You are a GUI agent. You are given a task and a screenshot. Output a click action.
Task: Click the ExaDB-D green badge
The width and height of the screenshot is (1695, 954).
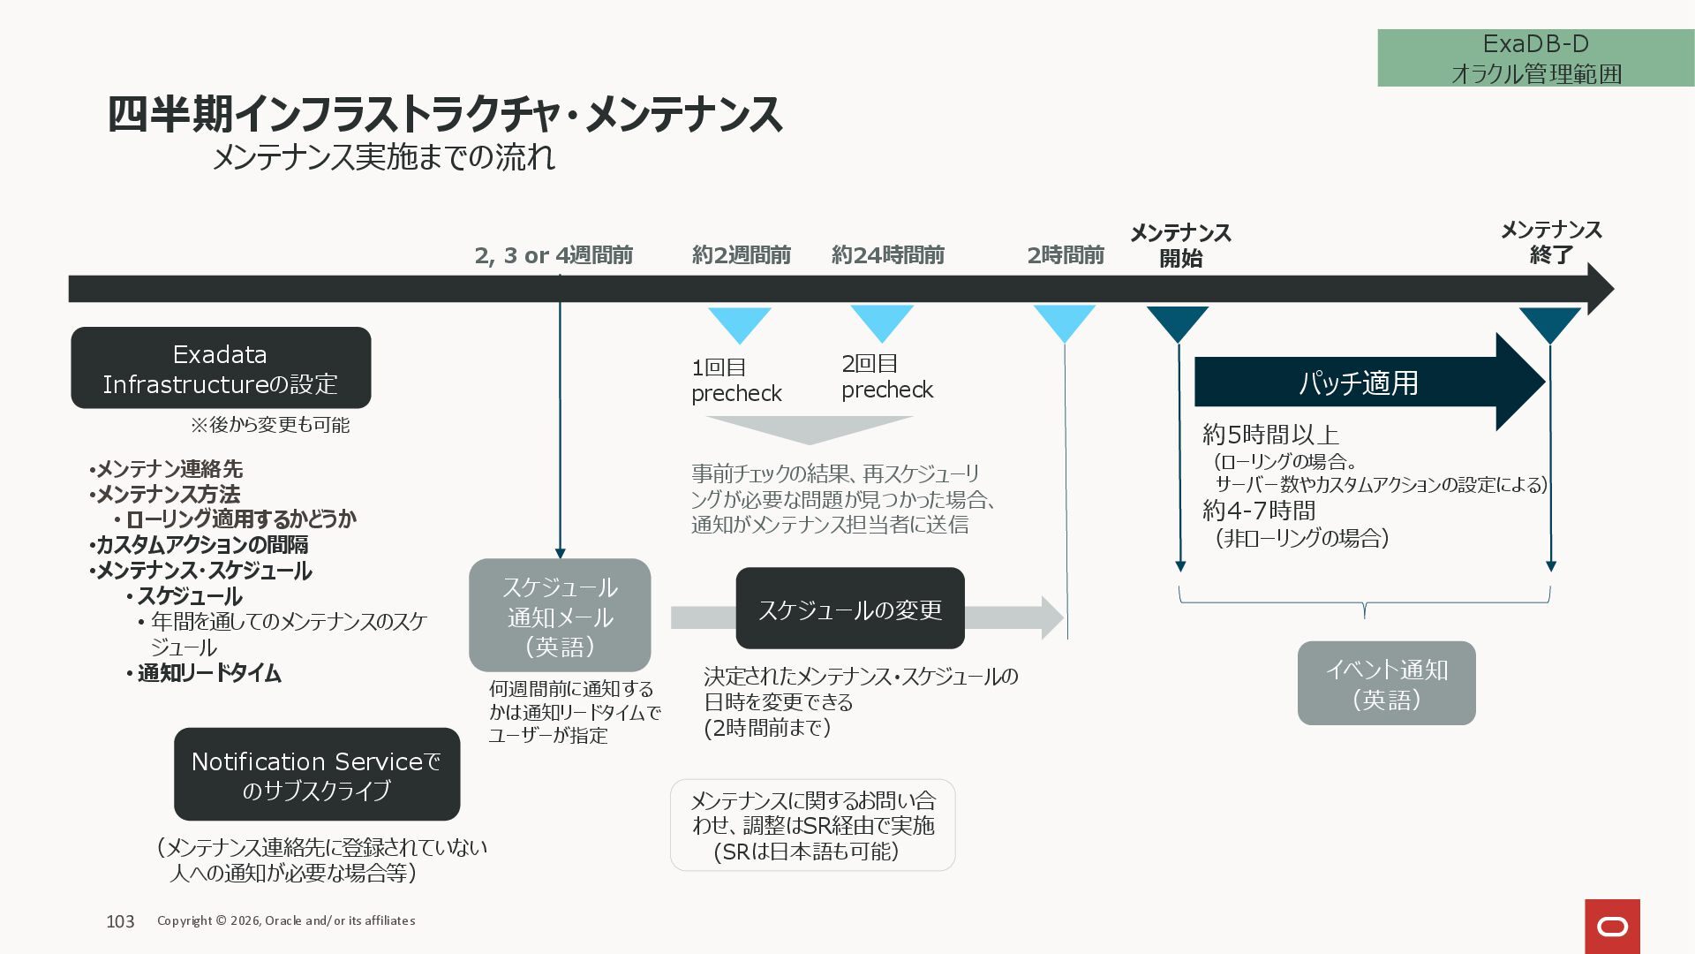click(x=1535, y=57)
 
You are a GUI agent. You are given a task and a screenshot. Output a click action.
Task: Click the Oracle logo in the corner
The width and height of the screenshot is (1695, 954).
click(x=1612, y=926)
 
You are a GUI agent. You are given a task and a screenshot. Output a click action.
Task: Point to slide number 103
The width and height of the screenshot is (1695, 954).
click(x=120, y=921)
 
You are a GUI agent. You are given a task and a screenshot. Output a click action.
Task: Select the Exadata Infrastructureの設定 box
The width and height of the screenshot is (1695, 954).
click(x=221, y=367)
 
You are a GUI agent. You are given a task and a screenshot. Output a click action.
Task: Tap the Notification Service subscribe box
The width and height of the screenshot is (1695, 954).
click(x=317, y=775)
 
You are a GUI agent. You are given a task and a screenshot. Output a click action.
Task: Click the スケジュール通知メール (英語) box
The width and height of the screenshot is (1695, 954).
click(x=560, y=616)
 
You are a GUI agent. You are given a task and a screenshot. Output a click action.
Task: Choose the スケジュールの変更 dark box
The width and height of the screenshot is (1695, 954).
click(x=850, y=609)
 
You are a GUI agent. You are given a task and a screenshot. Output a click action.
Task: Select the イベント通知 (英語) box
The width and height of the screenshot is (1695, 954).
click(x=1386, y=684)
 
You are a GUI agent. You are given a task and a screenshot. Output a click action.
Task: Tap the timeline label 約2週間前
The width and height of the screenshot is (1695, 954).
click(x=742, y=255)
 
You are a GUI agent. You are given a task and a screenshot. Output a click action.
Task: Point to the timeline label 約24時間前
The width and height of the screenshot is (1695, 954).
click(x=888, y=255)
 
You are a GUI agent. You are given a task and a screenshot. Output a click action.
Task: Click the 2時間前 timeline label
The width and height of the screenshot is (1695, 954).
click(x=1066, y=255)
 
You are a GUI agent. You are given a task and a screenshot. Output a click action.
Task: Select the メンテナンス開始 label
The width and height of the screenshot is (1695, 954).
click(x=1180, y=245)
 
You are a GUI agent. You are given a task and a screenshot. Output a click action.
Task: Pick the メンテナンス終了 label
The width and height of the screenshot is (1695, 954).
click(x=1551, y=242)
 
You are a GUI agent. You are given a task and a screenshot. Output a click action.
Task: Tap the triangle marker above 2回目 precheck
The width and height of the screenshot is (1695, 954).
click(x=882, y=322)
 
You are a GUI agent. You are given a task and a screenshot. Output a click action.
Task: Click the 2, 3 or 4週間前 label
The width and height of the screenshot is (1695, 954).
click(x=554, y=255)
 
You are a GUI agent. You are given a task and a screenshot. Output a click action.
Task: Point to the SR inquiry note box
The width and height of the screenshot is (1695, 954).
click(x=812, y=825)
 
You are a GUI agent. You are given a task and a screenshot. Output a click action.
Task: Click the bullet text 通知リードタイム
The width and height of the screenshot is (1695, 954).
click(x=209, y=673)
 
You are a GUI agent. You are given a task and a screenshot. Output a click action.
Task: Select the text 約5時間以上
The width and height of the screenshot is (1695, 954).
click(x=1270, y=435)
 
